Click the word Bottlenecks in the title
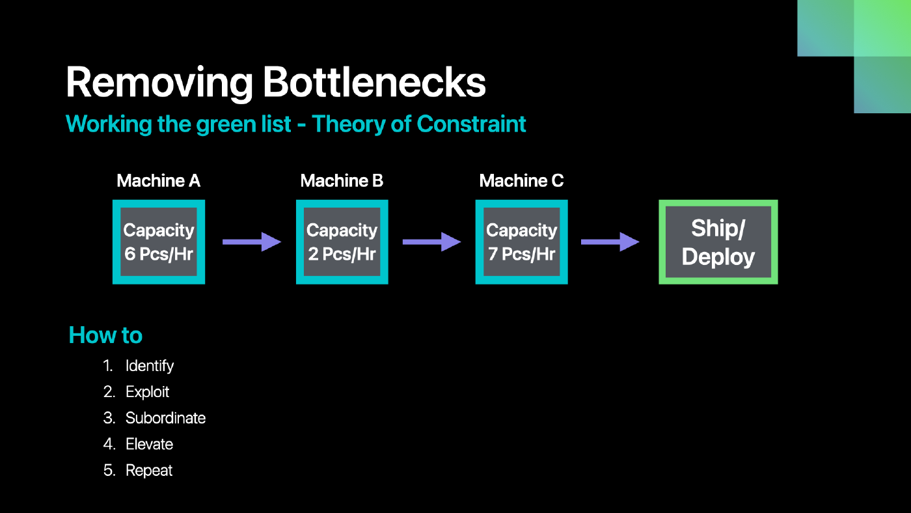tap(374, 82)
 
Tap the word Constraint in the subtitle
tap(471, 124)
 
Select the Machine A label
tap(159, 180)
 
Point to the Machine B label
tap(342, 180)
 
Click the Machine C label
tap(521, 180)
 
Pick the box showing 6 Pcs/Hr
tap(159, 242)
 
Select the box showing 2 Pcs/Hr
tap(342, 242)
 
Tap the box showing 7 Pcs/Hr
tap(521, 242)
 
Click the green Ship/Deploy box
tap(718, 242)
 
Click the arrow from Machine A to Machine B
tap(252, 242)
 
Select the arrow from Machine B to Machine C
tap(432, 242)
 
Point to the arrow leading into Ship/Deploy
tap(610, 242)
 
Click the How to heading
tap(105, 335)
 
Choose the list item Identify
tap(150, 366)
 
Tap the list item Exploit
tap(147, 392)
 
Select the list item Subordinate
tap(165, 418)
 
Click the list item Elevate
tap(149, 444)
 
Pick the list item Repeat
tap(149, 470)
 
